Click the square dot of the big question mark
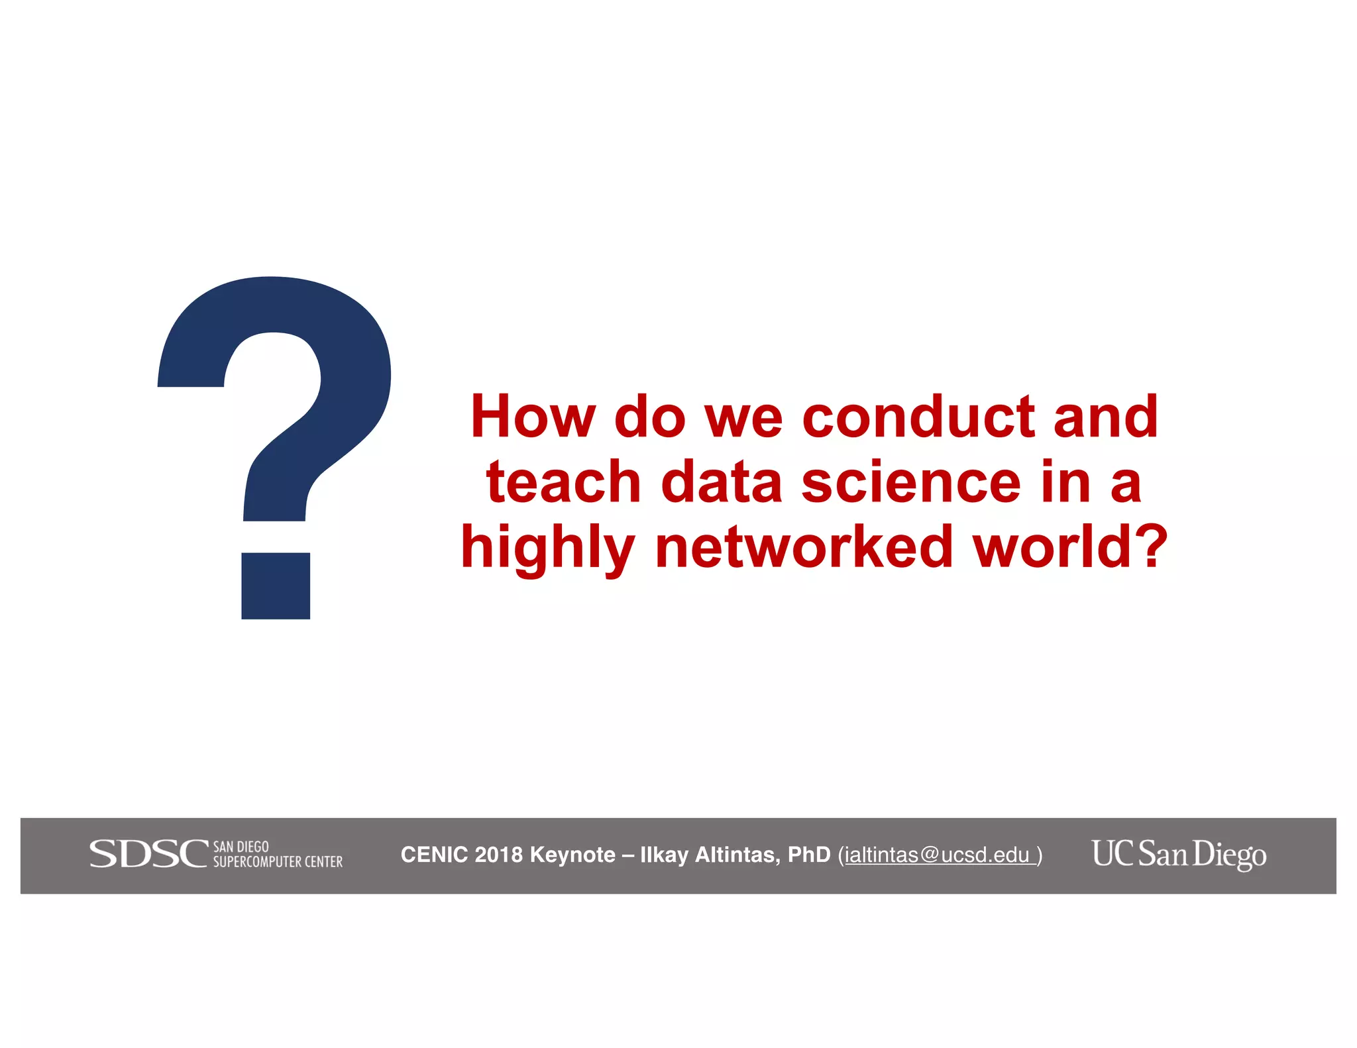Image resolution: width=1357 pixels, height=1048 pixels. (276, 586)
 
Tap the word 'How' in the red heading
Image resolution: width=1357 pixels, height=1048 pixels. (533, 417)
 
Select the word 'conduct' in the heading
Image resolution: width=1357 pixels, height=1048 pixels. (918, 417)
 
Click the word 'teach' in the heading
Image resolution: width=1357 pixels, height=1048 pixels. (564, 482)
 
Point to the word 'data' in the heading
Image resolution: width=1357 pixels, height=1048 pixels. (722, 482)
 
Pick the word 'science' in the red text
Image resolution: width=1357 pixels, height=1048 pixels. (911, 482)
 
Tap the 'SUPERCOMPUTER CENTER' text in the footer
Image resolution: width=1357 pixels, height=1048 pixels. (278, 862)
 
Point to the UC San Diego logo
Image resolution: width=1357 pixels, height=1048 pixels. (1179, 854)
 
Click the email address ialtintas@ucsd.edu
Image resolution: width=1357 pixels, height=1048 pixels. (937, 855)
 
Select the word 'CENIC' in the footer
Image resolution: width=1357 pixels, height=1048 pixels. (434, 855)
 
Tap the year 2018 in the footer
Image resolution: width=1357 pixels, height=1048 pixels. (499, 855)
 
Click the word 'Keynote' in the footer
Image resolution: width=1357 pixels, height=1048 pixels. (572, 855)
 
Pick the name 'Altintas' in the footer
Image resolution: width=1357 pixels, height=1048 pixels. (737, 855)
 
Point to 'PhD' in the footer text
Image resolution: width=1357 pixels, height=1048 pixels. (809, 855)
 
